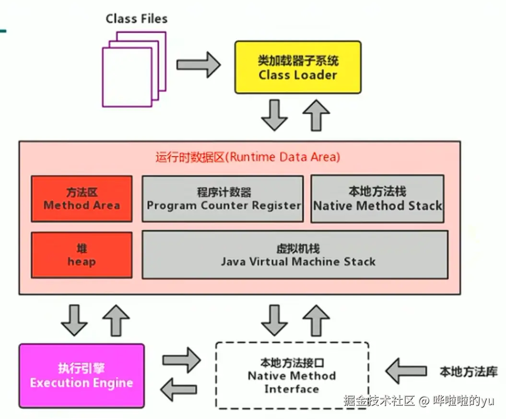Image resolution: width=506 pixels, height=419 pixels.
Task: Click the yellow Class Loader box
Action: [297, 67]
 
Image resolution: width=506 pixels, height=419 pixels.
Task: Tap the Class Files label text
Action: [137, 19]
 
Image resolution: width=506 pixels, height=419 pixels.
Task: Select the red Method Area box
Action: [82, 198]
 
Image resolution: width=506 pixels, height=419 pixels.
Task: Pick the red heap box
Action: [82, 255]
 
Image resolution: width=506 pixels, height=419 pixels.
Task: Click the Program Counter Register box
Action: [223, 199]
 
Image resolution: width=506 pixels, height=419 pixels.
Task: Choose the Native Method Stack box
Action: [377, 199]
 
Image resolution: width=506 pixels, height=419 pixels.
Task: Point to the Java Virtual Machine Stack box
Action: [295, 255]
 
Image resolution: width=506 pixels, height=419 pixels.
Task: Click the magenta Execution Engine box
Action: [82, 375]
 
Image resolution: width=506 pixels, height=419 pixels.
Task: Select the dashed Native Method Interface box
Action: [292, 375]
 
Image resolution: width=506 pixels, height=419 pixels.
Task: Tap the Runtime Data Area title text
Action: [247, 157]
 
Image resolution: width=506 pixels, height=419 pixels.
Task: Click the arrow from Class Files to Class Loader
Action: [198, 64]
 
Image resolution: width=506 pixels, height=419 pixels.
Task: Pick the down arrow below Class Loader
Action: [275, 115]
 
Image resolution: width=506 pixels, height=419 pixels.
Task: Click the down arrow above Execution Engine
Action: [74, 320]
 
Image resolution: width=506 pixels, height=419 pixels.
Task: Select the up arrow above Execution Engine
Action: [117, 320]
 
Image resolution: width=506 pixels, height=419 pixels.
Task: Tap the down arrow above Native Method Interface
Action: [274, 320]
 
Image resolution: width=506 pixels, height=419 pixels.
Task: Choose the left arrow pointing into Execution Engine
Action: [178, 389]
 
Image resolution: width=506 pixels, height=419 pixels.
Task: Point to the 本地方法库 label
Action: [468, 372]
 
